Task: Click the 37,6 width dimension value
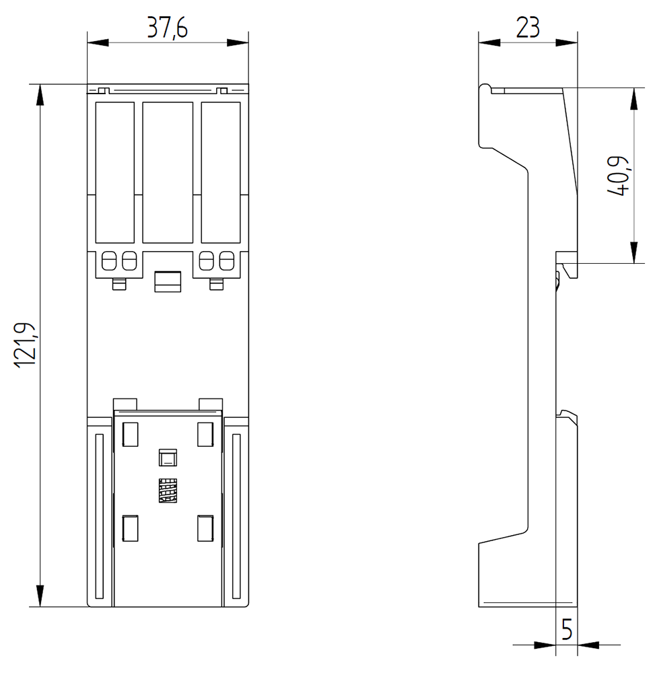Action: [x=168, y=28]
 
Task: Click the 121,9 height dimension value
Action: [x=25, y=344]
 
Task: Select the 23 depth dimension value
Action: [x=528, y=28]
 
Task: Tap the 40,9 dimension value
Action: [x=618, y=176]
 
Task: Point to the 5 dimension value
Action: [x=567, y=631]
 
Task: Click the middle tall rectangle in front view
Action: [x=168, y=172]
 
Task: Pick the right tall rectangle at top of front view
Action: [x=220, y=172]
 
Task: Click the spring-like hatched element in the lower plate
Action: [x=166, y=491]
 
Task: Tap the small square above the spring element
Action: [x=166, y=459]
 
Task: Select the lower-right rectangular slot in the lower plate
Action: [x=205, y=528]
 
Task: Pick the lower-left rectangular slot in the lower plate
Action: [x=130, y=528]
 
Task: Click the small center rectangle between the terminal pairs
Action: [x=168, y=281]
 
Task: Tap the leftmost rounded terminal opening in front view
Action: [x=108, y=260]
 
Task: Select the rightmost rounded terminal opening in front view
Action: [x=227, y=260]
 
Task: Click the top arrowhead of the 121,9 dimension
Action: [x=40, y=95]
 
